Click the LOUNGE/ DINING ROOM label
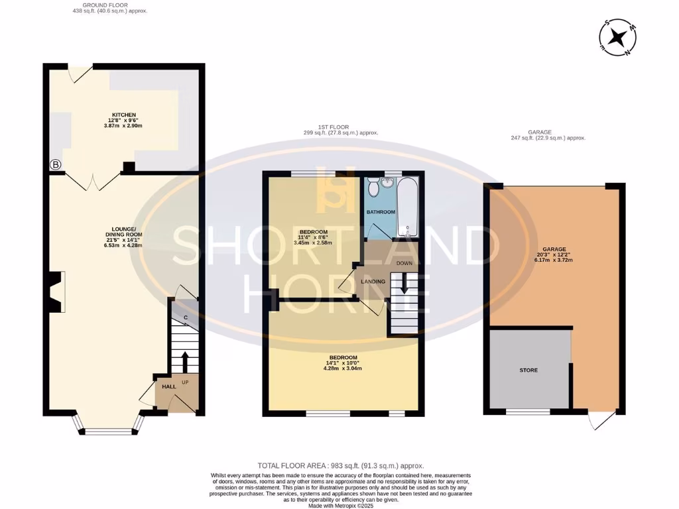pos(124,235)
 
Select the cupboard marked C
pos(186,317)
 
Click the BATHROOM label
pos(381,212)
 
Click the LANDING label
pos(373,282)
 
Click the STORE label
pos(528,370)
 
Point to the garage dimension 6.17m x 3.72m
pos(554,260)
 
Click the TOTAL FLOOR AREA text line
pos(340,466)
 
